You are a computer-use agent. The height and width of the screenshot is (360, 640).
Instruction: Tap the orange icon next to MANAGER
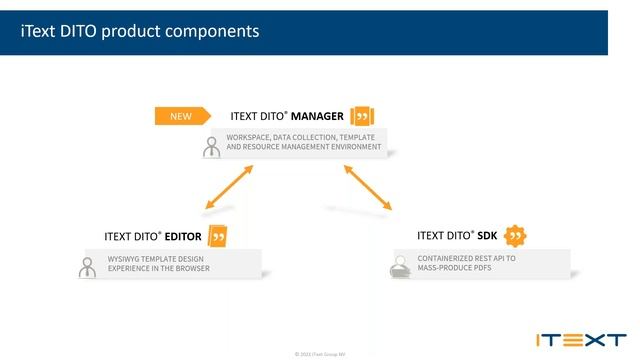(362, 116)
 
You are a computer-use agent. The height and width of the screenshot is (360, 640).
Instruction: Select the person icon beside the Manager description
(211, 147)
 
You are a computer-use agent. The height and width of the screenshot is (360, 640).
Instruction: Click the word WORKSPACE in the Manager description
(251, 136)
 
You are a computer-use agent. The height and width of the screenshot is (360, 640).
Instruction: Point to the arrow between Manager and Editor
(228, 187)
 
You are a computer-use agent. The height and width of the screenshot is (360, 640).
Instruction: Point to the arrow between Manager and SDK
(368, 187)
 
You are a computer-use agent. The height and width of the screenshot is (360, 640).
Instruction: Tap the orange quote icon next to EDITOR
(217, 237)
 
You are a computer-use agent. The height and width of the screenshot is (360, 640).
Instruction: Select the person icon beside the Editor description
(87, 267)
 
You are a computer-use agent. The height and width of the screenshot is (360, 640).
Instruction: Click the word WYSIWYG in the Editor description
(126, 258)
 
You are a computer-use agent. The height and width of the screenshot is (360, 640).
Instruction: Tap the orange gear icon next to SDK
(515, 236)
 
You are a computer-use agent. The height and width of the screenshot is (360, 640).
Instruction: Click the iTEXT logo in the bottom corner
(580, 340)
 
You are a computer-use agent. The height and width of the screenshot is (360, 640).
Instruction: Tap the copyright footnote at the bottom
(320, 354)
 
